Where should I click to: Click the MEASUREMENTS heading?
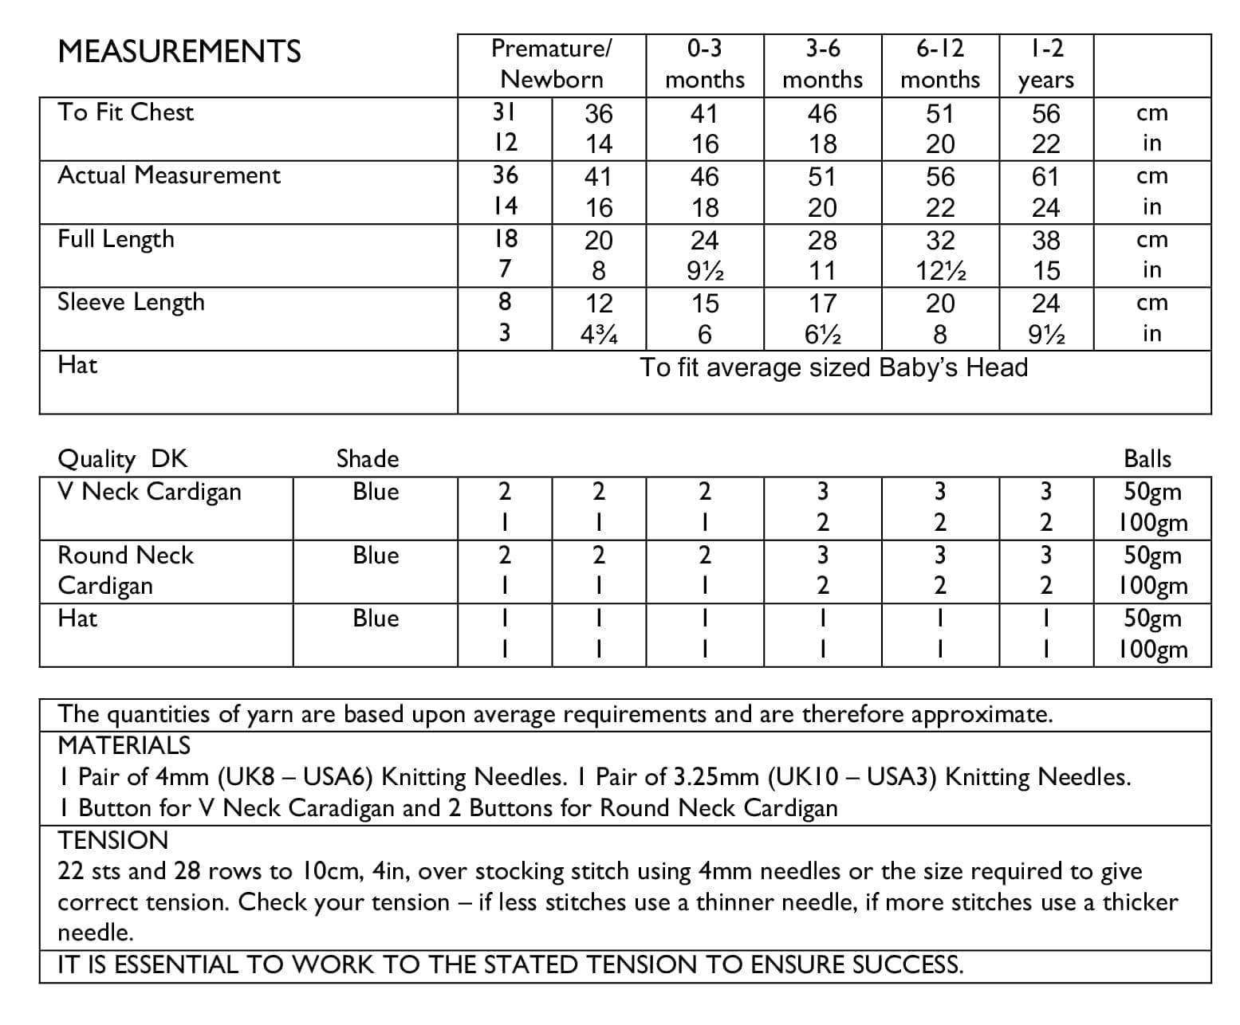click(x=179, y=52)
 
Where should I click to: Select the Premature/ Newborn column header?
click(x=552, y=64)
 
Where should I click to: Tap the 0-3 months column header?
click(x=704, y=64)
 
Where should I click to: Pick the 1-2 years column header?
click(x=1045, y=64)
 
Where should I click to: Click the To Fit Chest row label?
click(x=126, y=112)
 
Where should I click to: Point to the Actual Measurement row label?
click(x=169, y=175)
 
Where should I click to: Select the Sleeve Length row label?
click(x=132, y=302)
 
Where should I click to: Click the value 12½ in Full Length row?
click(x=940, y=272)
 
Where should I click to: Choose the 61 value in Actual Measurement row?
click(x=1045, y=176)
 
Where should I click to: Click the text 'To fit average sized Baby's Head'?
click(x=834, y=367)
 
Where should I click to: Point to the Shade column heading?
click(x=368, y=459)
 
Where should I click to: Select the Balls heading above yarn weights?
click(x=1147, y=459)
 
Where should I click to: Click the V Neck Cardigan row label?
click(x=150, y=492)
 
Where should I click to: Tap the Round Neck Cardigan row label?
click(x=126, y=570)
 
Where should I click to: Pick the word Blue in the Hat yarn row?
click(x=376, y=619)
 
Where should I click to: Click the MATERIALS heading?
click(x=124, y=745)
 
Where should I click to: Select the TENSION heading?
click(x=113, y=840)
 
